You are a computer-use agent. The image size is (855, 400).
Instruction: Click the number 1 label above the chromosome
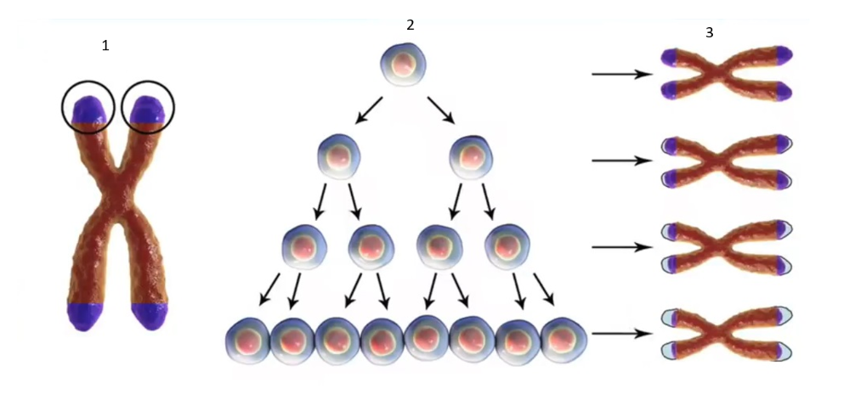pos(105,46)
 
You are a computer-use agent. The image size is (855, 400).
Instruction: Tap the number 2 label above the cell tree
pos(411,25)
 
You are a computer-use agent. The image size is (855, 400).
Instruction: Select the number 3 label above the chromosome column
pos(710,32)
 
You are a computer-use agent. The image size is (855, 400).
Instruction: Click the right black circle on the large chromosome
pos(148,107)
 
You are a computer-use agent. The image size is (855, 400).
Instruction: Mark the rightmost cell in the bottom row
pos(563,339)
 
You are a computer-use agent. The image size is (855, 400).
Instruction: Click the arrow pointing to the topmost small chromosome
pos(622,75)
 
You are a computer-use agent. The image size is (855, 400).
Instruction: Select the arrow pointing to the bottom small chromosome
pos(622,333)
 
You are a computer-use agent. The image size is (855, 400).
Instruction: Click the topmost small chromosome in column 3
pos(727,73)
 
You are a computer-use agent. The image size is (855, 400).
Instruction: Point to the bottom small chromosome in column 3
pos(727,333)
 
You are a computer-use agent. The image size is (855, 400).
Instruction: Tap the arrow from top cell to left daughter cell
pos(369,111)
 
